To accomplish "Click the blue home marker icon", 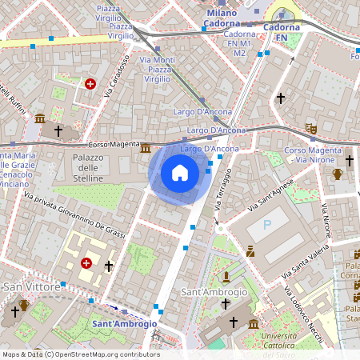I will [x=180, y=173].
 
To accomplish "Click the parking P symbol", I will [x=267, y=226].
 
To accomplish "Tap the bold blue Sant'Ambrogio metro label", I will [x=124, y=324].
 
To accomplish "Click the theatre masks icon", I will [x=310, y=128].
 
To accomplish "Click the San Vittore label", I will [x=32, y=286].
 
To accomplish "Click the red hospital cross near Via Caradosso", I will [x=90, y=83].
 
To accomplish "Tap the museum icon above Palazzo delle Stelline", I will [x=145, y=149].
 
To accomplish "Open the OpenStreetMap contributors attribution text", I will [x=80, y=354].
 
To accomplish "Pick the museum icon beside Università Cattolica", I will [x=254, y=324].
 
